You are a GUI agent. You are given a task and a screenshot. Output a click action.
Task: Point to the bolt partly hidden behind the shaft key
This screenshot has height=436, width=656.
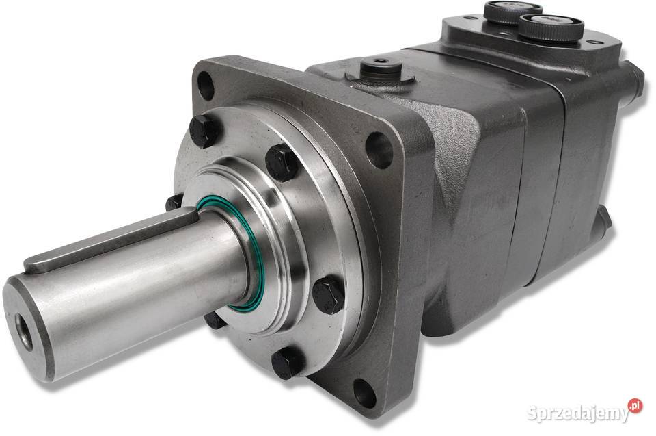(x=174, y=203)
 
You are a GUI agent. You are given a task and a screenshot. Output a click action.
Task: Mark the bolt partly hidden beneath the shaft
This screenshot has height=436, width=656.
(x=213, y=319)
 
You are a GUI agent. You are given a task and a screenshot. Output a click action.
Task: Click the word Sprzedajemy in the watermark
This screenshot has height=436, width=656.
(x=576, y=413)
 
